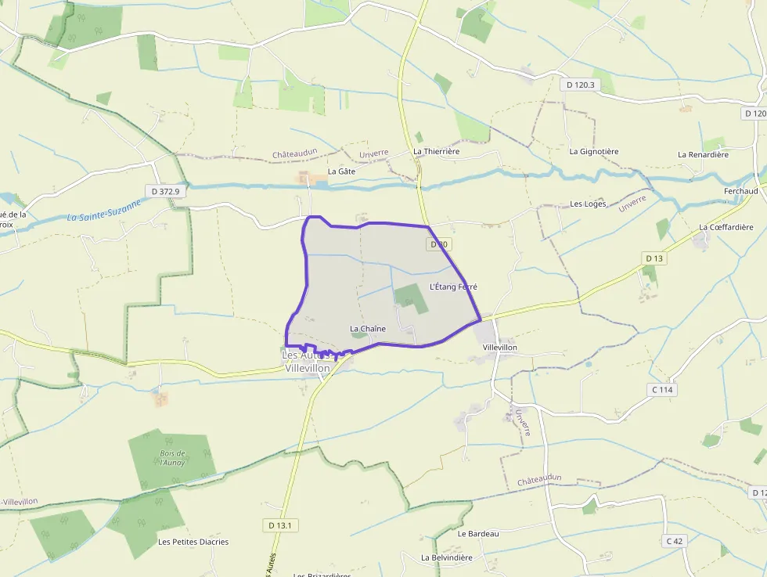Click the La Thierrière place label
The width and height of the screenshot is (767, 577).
tap(436, 151)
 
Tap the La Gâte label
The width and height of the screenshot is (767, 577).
tap(341, 171)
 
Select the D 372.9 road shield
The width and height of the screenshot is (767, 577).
tap(165, 191)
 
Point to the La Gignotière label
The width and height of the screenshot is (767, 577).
tap(594, 151)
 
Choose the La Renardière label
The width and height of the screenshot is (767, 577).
tap(703, 154)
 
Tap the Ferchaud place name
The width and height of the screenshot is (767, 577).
tap(740, 191)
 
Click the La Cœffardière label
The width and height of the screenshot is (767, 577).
tap(725, 227)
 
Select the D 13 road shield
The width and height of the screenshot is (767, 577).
tap(654, 258)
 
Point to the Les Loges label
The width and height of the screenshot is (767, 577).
tap(588, 204)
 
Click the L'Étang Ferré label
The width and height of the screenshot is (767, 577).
tap(453, 287)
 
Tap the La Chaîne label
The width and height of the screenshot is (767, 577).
tap(367, 329)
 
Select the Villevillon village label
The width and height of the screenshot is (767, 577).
tap(500, 347)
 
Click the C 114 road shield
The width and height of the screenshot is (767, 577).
tap(661, 390)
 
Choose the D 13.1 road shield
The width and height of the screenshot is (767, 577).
tap(278, 525)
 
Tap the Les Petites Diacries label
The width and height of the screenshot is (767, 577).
tap(193, 542)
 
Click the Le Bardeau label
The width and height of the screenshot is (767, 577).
tap(478, 533)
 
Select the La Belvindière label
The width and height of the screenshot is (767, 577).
tap(446, 557)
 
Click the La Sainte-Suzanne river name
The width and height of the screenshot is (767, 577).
tap(104, 210)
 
